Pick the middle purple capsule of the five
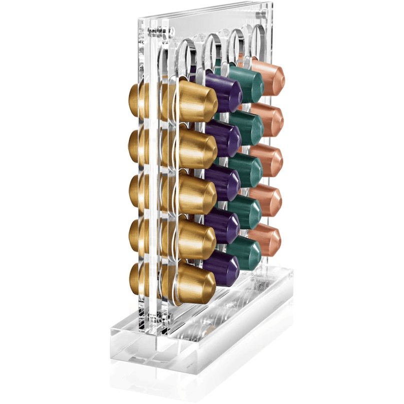pyautogui.click(x=223, y=182)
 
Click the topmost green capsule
pyautogui.click(x=246, y=82)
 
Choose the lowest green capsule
pyautogui.click(x=245, y=252)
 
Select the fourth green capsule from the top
pyautogui.click(x=245, y=211)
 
